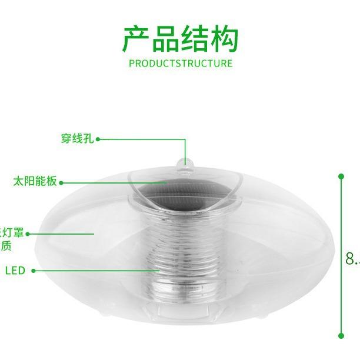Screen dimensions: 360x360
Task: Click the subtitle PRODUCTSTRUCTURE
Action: tap(180, 63)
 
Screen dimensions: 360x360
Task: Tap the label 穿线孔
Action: tap(77, 139)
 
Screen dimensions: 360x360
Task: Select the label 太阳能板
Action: tap(35, 181)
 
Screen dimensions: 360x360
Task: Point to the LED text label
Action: tap(15, 271)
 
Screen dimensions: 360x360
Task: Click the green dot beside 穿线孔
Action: tap(98, 139)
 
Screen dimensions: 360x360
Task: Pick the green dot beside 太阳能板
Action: tap(62, 181)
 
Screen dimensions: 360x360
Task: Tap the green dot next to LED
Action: tap(34, 271)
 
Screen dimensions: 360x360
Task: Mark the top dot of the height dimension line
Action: tap(341, 176)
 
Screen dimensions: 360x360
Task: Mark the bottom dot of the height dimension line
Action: tap(341, 335)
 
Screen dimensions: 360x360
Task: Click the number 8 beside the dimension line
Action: tap(351, 258)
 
